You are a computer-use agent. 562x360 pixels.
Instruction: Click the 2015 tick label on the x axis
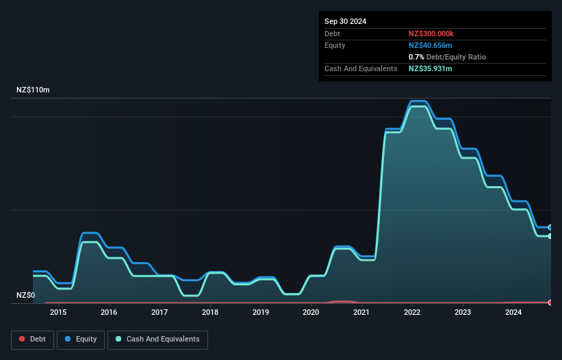58,313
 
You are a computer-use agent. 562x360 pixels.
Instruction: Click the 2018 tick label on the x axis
210,313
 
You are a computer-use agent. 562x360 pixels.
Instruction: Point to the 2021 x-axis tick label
361,313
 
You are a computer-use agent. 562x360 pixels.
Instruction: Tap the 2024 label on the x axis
513,313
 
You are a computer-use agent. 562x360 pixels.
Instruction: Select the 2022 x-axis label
412,313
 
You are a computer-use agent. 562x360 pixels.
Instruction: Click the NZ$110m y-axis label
33,90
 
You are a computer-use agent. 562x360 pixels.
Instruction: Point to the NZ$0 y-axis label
25,295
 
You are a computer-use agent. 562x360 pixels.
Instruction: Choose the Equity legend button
81,339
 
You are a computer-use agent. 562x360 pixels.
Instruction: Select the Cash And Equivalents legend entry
157,339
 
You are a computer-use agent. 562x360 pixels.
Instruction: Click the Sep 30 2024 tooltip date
345,21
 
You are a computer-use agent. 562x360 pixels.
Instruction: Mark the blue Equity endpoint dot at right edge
550,227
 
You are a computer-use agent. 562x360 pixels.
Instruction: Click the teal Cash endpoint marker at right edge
550,236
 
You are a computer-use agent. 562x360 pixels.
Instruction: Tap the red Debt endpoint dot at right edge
550,303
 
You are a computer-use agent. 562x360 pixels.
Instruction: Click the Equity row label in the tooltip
335,45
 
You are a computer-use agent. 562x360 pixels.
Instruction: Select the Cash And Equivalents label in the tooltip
361,68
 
